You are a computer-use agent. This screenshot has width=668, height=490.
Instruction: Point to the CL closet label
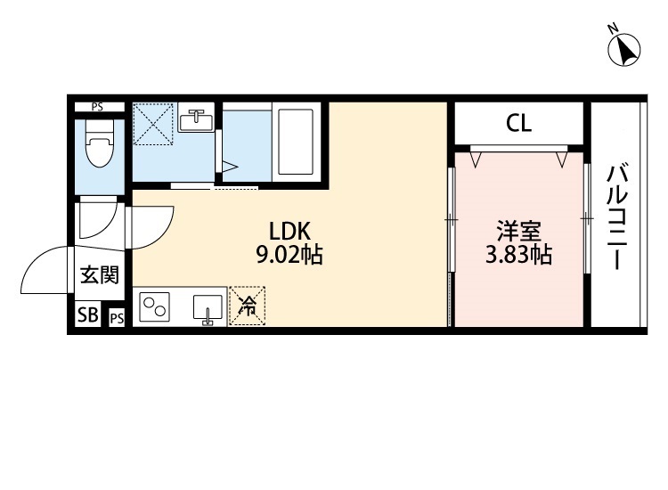point(519,124)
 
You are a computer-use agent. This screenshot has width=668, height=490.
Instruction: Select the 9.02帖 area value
point(289,257)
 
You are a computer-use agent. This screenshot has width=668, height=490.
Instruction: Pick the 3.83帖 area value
point(518,257)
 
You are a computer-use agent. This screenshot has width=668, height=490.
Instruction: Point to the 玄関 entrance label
point(100,274)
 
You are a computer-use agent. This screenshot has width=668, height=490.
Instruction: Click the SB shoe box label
point(87,314)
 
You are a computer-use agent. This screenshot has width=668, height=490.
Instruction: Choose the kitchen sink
point(208,306)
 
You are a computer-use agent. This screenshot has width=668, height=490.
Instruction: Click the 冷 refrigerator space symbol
point(247,306)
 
